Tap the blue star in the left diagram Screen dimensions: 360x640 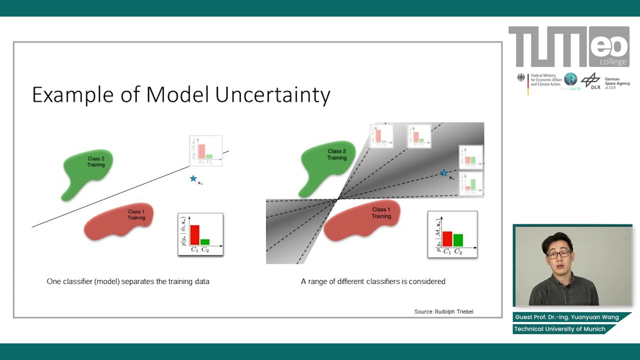coord(193,178)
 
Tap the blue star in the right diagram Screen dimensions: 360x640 coord(443,173)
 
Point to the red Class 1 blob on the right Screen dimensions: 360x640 coord(362,218)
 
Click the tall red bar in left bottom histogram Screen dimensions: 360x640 coord(194,235)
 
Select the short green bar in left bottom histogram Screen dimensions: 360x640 coord(204,242)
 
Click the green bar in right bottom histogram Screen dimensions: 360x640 coord(458,240)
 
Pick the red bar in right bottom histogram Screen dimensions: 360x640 coord(447,239)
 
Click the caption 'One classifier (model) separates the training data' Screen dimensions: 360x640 coord(128,281)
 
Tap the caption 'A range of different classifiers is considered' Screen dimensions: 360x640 coord(373,281)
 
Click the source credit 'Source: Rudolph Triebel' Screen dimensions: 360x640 coord(443,311)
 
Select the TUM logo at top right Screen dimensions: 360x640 coord(548,47)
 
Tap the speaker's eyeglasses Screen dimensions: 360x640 coord(558,254)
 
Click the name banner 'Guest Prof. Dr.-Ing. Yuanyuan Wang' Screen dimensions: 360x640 coord(567,317)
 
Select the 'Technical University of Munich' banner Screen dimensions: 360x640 coord(559,329)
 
